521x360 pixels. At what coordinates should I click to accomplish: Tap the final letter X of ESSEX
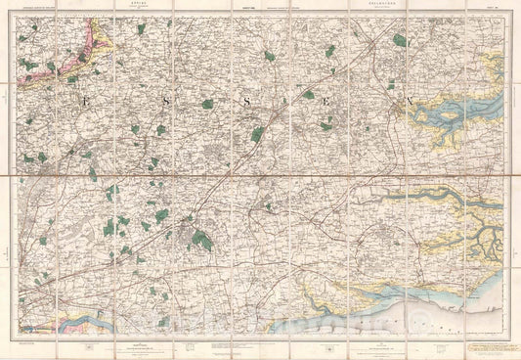pos(409,100)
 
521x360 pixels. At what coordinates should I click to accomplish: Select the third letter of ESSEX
pos(249,100)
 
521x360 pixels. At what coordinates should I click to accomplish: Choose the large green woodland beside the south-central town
pos(202,238)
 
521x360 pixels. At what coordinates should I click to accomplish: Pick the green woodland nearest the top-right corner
pos(399,40)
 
